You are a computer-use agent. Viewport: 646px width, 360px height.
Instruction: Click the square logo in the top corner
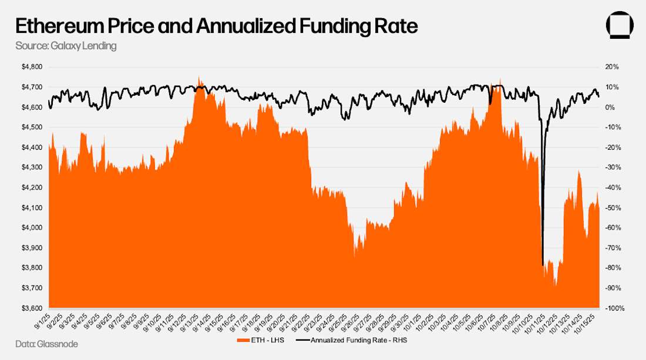pyautogui.click(x=620, y=26)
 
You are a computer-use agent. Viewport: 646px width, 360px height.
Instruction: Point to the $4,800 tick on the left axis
pyautogui.click(x=32, y=67)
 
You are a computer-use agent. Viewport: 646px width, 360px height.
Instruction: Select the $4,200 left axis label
pyautogui.click(x=32, y=187)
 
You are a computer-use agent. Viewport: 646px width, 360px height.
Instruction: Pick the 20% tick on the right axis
pyautogui.click(x=613, y=67)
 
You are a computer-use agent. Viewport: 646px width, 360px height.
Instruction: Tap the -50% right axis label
pyautogui.click(x=614, y=207)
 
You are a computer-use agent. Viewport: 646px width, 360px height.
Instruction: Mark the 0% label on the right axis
pyautogui.click(x=611, y=107)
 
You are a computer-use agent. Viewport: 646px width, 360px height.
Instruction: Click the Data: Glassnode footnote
pyautogui.click(x=46, y=344)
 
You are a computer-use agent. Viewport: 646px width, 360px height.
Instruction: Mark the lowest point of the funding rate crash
pyautogui.click(x=542, y=265)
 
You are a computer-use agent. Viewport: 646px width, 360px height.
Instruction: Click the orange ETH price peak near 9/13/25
pyautogui.click(x=200, y=76)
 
